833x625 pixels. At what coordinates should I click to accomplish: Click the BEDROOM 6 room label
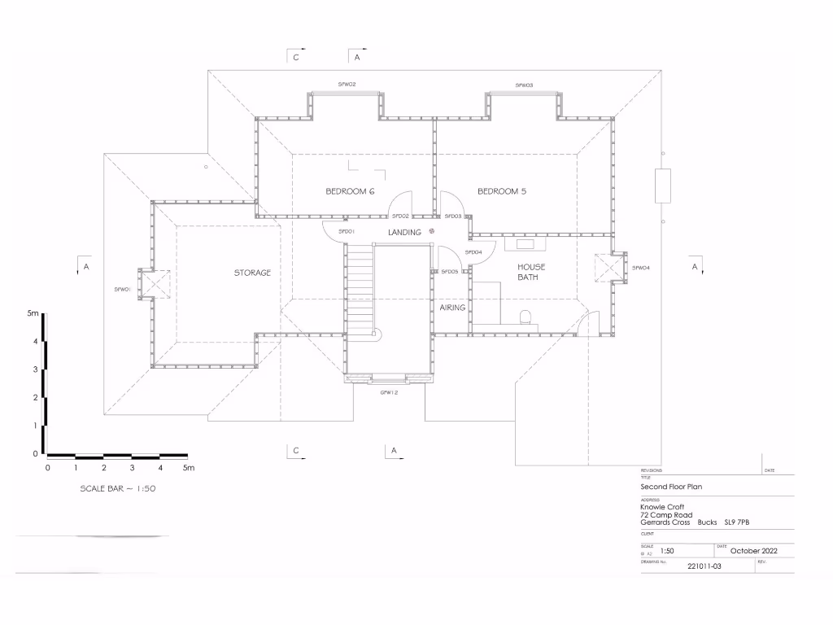pos(350,191)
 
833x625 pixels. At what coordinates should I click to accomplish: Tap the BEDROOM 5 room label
pos(502,191)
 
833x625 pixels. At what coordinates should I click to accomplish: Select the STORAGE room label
pos(252,273)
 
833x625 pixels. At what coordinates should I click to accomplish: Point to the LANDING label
pos(404,233)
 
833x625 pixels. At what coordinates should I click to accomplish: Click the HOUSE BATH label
pos(531,272)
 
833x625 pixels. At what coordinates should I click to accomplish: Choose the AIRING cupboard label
pos(452,308)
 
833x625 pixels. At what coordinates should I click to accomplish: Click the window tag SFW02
pos(347,85)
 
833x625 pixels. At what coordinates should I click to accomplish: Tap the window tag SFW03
pos(524,85)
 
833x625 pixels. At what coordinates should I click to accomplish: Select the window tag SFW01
pos(123,289)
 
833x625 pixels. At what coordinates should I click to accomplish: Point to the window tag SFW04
pos(641,268)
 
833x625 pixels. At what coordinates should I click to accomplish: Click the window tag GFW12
pos(389,392)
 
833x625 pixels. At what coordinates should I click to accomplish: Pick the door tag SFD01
pos(347,232)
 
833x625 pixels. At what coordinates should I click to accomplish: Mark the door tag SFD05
pos(450,271)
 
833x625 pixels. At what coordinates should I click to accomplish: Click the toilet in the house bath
pos(525,317)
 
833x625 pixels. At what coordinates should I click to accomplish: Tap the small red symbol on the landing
pos(432,231)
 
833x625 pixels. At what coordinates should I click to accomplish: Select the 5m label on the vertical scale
pos(33,313)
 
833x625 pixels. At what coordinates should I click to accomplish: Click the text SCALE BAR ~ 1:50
pos(117,489)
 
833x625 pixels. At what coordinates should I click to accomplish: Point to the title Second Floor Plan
pos(671,487)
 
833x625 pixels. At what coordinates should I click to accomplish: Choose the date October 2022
pos(754,551)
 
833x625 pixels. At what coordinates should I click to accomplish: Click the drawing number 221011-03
pos(704,566)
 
